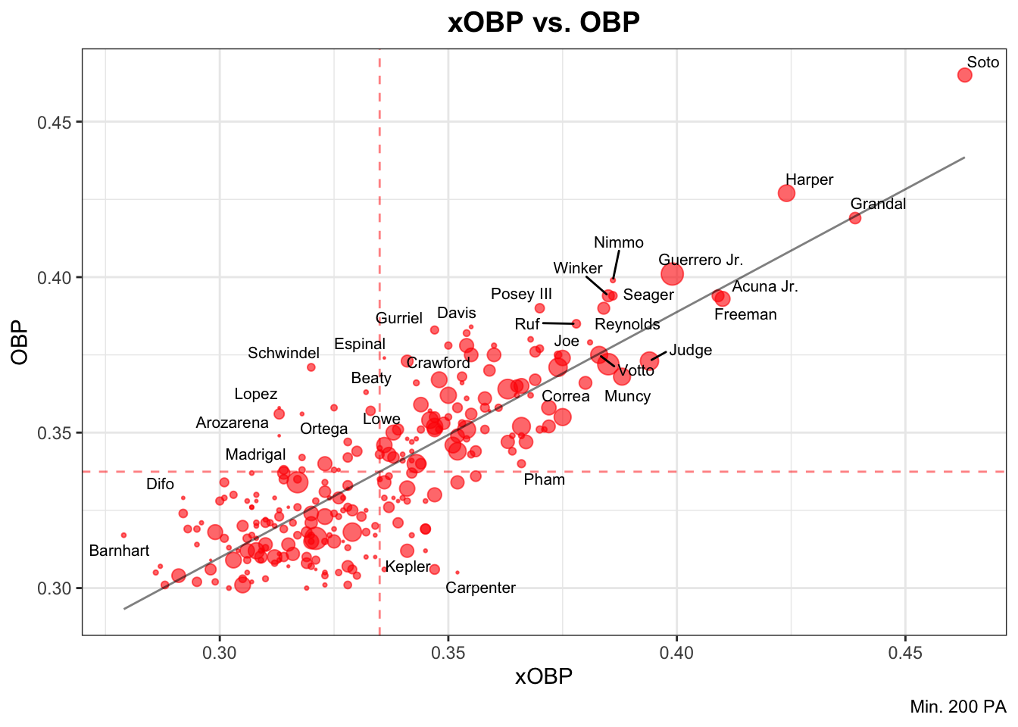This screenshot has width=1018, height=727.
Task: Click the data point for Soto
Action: [964, 75]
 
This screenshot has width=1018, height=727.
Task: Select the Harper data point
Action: [787, 193]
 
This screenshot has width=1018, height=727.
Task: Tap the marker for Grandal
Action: [855, 218]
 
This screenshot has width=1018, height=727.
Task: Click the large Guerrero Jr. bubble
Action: [672, 274]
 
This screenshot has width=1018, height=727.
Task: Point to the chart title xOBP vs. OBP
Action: [544, 23]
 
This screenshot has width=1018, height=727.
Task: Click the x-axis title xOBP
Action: [544, 676]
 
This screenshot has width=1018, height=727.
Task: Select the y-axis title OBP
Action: [20, 342]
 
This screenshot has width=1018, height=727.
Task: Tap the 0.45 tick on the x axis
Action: [905, 652]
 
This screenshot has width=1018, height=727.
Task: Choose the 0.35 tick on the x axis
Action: [448, 652]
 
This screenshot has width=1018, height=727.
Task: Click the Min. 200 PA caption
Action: [958, 707]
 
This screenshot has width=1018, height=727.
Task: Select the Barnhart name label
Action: [119, 551]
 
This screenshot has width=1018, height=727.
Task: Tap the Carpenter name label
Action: [480, 588]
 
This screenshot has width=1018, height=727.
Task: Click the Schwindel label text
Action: [284, 353]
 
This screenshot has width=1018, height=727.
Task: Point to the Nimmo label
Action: [619, 242]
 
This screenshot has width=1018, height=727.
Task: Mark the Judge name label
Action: [691, 350]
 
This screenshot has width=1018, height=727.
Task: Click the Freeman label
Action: [745, 314]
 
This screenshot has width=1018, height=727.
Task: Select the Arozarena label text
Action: [232, 423]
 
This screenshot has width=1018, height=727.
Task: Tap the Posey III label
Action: [521, 294]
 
